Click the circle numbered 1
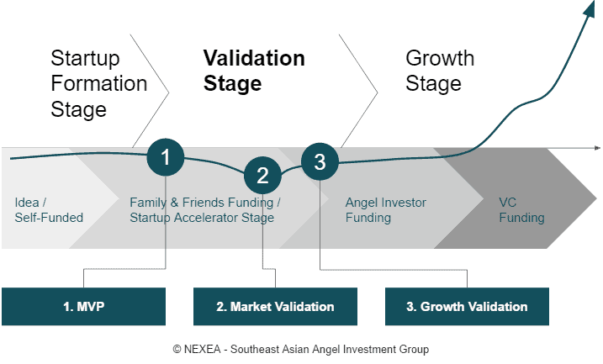click(x=166, y=157)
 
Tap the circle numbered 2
click(x=262, y=175)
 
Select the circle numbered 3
click(x=320, y=161)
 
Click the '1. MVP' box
click(x=83, y=306)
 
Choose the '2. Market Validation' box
click(x=275, y=306)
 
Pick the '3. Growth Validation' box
click(x=467, y=306)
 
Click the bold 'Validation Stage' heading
click(x=254, y=71)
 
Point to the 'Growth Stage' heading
click(x=440, y=71)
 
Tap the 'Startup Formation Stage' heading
click(x=99, y=83)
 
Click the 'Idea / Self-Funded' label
click(x=49, y=210)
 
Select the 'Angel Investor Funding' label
click(x=386, y=210)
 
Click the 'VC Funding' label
click(x=521, y=210)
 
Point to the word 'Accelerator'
click(x=206, y=218)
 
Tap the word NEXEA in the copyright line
click(x=203, y=349)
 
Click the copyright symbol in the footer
click(x=177, y=349)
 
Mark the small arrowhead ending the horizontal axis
click(x=597, y=148)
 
